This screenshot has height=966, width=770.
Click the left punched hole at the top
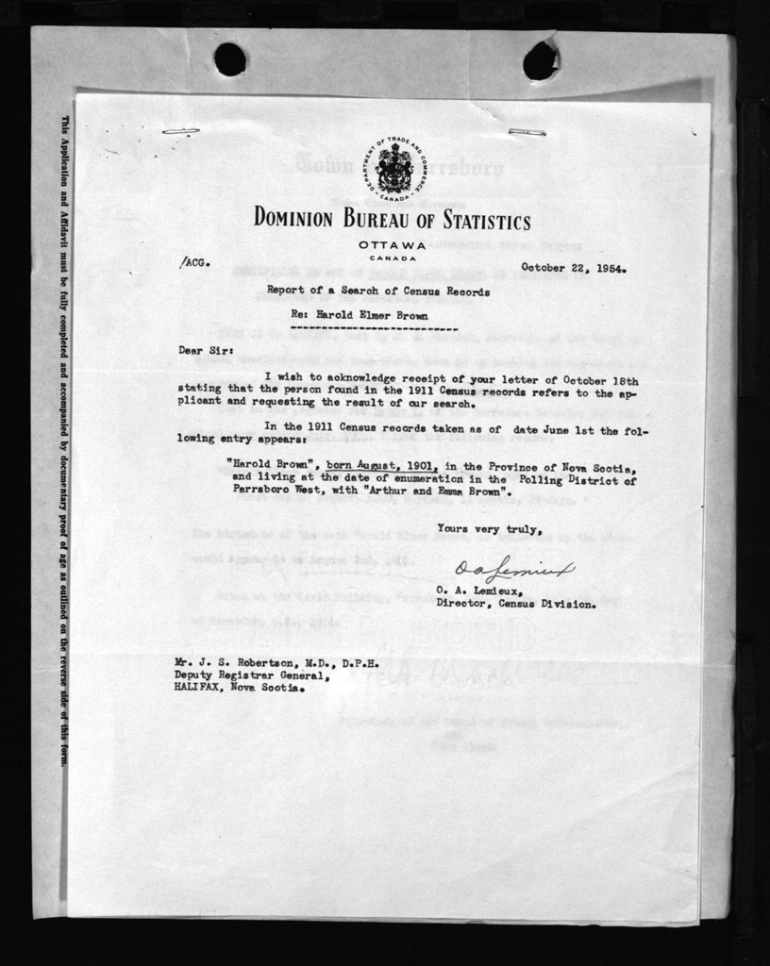click(229, 59)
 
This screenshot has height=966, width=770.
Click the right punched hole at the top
click(540, 60)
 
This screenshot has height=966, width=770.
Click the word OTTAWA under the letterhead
click(393, 245)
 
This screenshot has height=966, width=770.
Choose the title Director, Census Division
click(515, 604)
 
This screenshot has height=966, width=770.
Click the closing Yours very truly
click(490, 529)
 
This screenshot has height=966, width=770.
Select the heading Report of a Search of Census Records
click(378, 291)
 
